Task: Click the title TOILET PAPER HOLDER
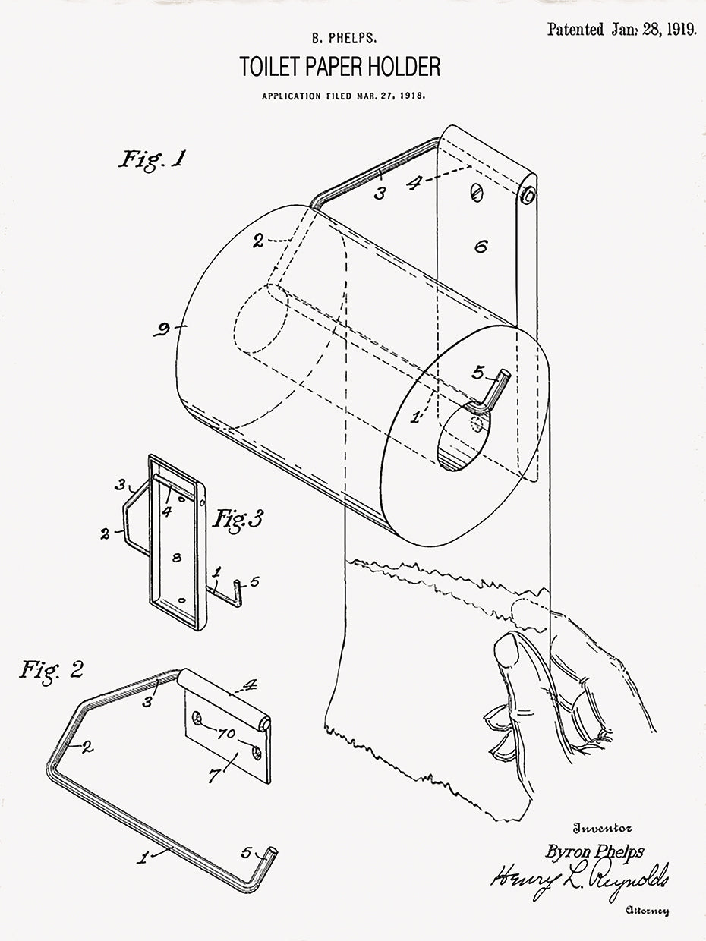339,68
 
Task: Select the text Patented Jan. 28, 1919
621,30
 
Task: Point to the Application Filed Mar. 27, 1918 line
343,96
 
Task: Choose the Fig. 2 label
51,669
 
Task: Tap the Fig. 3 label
238,519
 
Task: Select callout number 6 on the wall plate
480,246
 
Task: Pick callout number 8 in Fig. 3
176,558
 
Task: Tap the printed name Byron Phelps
594,851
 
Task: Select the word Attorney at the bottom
647,911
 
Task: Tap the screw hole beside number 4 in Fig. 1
476,190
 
